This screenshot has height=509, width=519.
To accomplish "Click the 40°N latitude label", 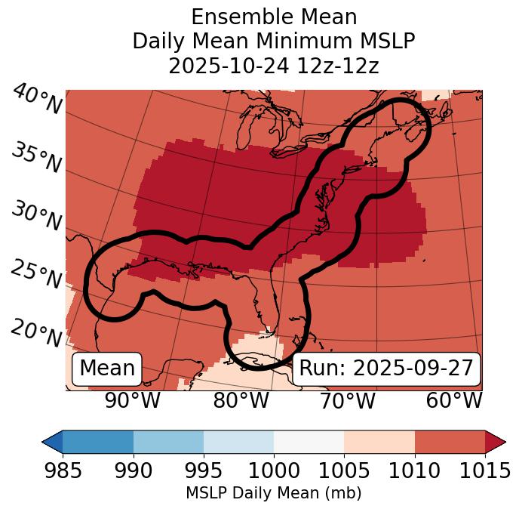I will click(37, 100).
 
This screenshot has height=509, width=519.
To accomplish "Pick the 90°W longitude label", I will click(132, 400).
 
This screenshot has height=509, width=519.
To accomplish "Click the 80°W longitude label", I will click(241, 400).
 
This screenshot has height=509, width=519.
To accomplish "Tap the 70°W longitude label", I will click(347, 400).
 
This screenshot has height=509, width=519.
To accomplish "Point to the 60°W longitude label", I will click(453, 400).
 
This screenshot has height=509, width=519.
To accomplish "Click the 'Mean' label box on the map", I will click(107, 369).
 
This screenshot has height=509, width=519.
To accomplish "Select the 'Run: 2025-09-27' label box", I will click(386, 369).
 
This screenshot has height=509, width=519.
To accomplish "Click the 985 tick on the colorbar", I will click(63, 470).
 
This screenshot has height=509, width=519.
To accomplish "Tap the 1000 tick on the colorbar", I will click(274, 470).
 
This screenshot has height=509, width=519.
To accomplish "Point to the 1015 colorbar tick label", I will click(485, 470).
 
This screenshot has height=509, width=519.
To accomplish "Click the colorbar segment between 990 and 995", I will click(168, 442).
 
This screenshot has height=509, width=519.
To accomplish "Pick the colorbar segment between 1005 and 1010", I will click(379, 442).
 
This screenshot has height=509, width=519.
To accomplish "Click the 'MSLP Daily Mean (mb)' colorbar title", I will click(273, 493).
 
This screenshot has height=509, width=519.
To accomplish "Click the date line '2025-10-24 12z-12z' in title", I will click(273, 66).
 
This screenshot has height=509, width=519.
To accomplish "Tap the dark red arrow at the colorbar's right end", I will click(496, 442).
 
